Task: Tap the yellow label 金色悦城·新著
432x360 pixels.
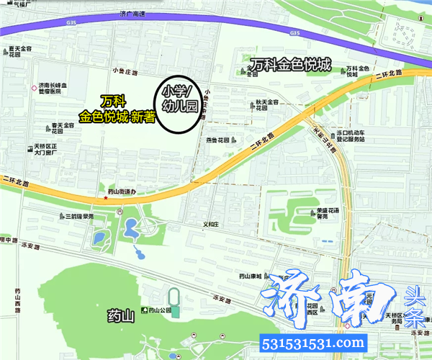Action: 117,115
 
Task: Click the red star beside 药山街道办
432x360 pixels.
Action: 106,198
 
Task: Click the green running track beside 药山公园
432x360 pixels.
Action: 174,298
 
